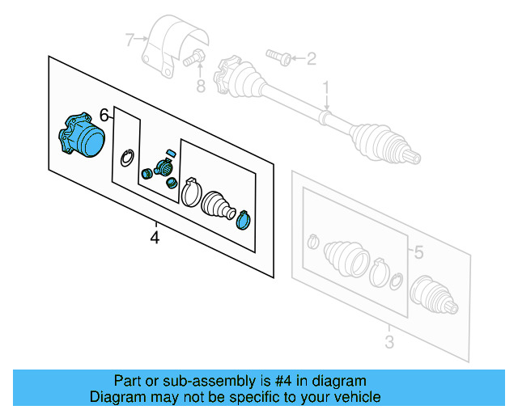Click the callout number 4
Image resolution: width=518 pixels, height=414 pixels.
pyautogui.click(x=155, y=238)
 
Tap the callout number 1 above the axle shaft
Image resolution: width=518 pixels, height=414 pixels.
pyautogui.click(x=327, y=87)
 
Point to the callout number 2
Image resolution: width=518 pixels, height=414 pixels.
pyautogui.click(x=312, y=57)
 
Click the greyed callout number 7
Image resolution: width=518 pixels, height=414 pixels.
pyautogui.click(x=129, y=38)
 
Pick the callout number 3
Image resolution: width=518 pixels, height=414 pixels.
pyautogui.click(x=388, y=342)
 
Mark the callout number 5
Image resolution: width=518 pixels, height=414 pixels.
pyautogui.click(x=418, y=253)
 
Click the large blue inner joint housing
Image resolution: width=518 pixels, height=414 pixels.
pyautogui.click(x=82, y=135)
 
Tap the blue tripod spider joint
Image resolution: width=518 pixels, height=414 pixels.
pyautogui.click(x=162, y=169)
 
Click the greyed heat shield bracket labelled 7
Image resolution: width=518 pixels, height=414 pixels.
pyautogui.click(x=171, y=44)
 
